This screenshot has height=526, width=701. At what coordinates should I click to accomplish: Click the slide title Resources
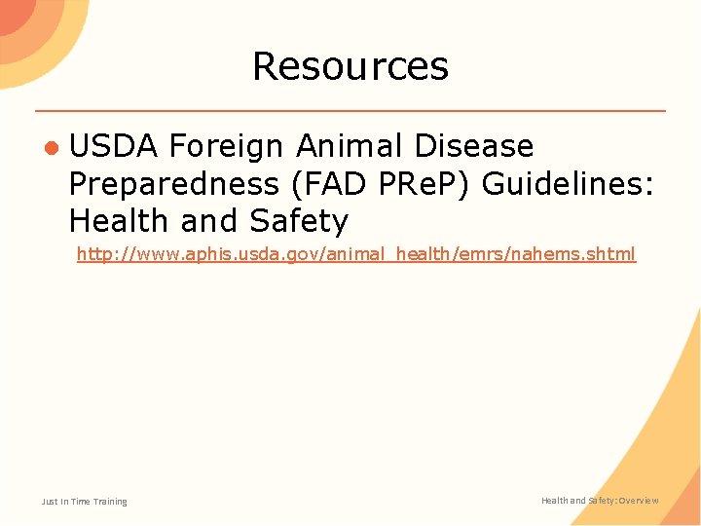350,66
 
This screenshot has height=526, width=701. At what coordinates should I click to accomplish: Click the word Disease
475,147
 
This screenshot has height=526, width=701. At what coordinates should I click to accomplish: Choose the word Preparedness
166,184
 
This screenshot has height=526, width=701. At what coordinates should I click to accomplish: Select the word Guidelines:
565,184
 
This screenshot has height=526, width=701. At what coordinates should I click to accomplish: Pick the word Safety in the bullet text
298,221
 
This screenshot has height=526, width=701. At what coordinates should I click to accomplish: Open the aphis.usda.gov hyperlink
355,254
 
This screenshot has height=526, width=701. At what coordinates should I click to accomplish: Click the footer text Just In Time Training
84,502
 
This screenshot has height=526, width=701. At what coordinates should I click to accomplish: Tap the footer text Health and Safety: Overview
600,501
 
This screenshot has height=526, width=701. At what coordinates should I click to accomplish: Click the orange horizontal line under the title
350,110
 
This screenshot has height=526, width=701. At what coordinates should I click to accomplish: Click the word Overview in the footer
637,501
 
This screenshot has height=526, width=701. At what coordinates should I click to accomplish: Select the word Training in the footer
110,502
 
